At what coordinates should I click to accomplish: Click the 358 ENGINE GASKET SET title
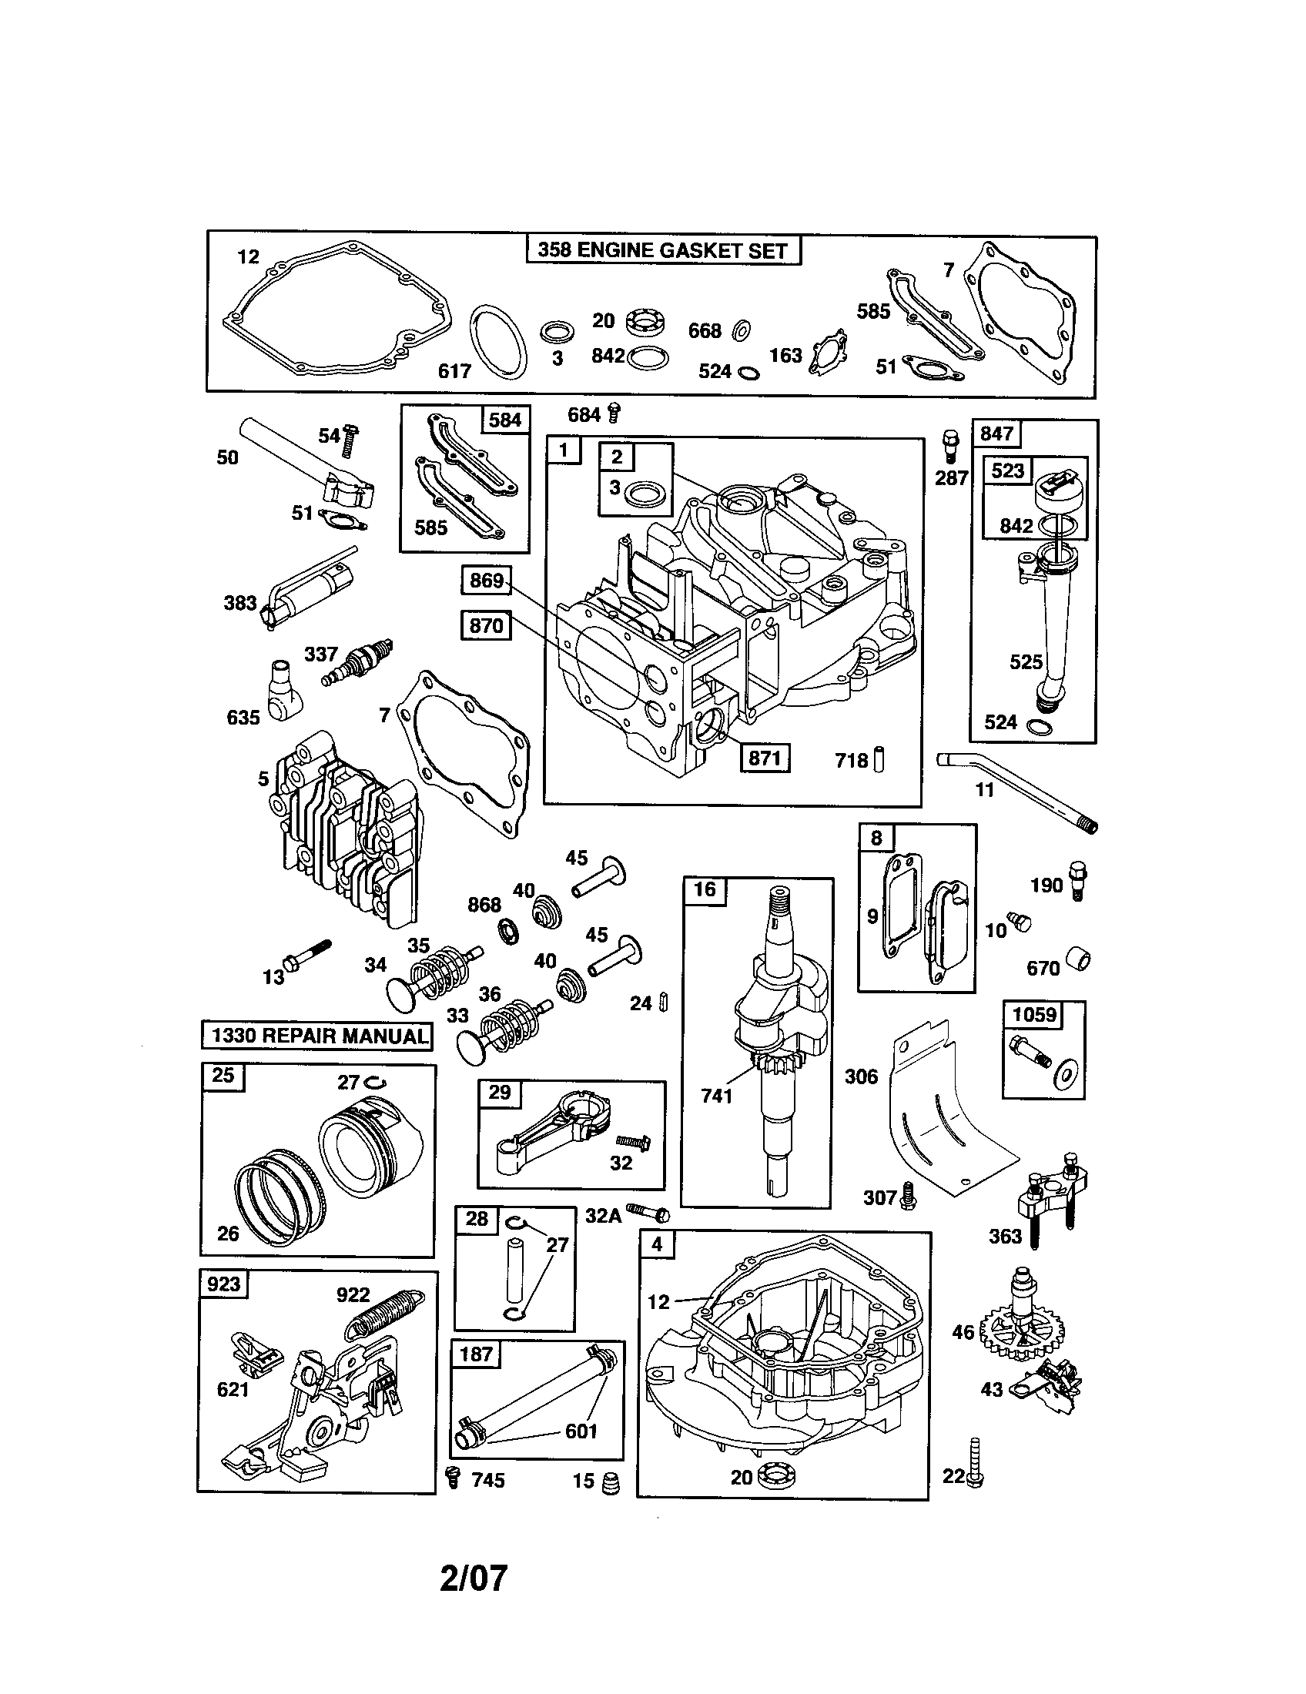(663, 250)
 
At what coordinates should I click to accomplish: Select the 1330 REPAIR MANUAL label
(316, 1036)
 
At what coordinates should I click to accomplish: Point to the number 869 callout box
(486, 580)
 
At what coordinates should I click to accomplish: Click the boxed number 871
(764, 758)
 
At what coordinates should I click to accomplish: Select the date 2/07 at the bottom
(473, 1578)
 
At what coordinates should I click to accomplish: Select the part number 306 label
(861, 1076)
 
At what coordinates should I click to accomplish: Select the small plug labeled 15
(611, 1482)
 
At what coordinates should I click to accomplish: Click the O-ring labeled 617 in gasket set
(499, 342)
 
